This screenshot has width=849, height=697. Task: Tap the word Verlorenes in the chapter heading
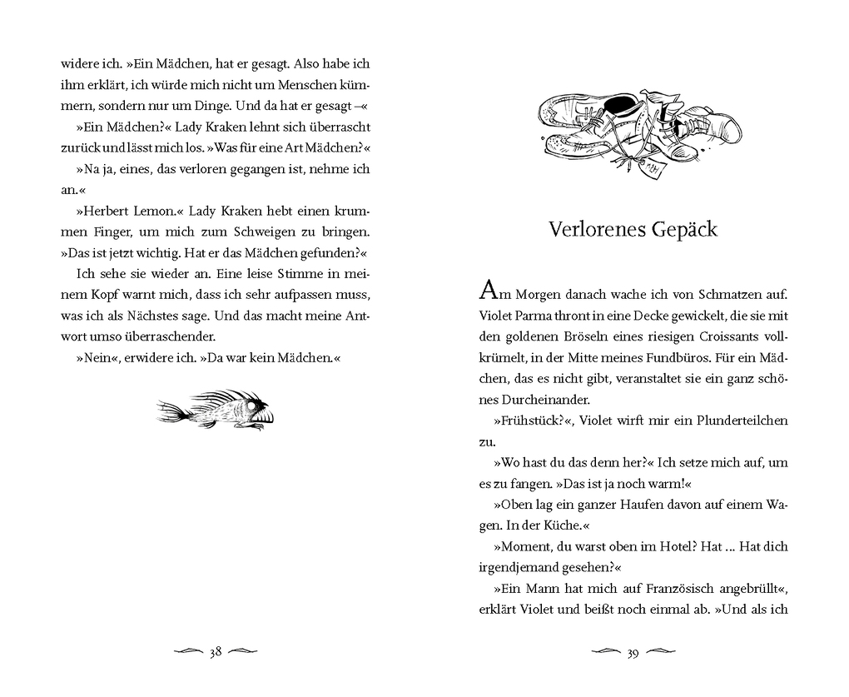pyautogui.click(x=592, y=229)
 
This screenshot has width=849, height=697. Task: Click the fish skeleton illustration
pyautogui.click(x=216, y=410)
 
